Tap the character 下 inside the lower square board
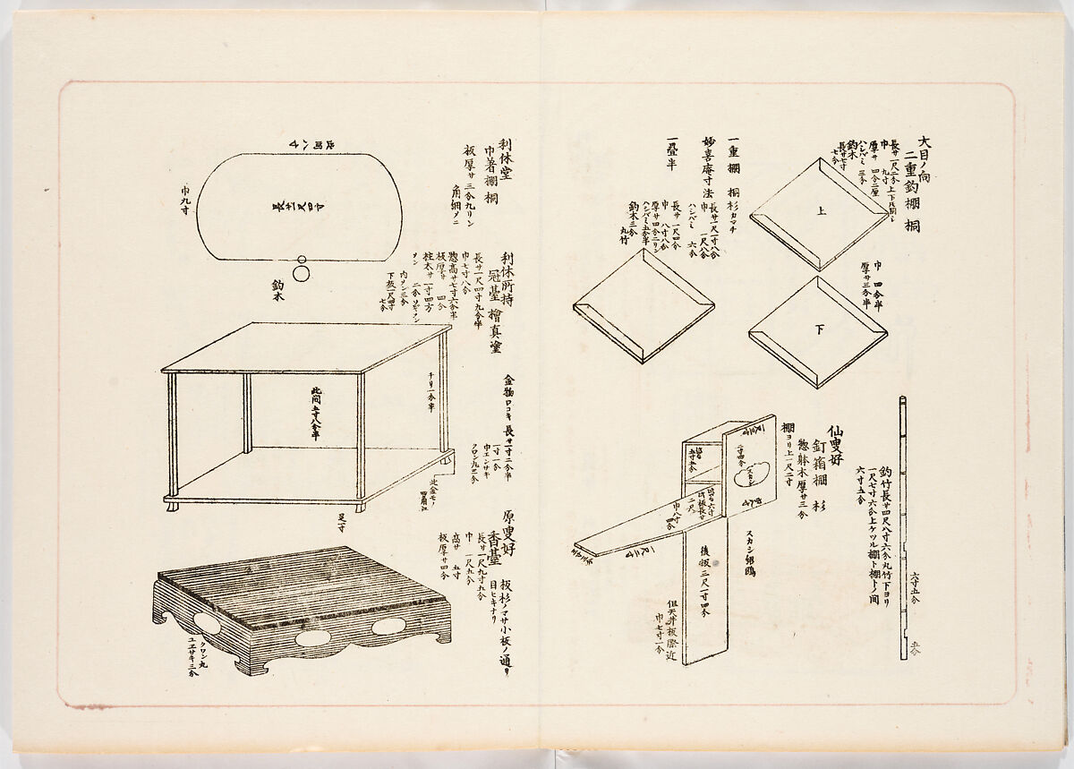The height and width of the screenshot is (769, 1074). coord(818,329)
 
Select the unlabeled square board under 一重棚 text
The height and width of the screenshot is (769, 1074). coord(643,305)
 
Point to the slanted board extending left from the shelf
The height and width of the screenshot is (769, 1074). coord(626,534)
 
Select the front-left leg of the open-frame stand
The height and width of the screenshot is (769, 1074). coord(172,439)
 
